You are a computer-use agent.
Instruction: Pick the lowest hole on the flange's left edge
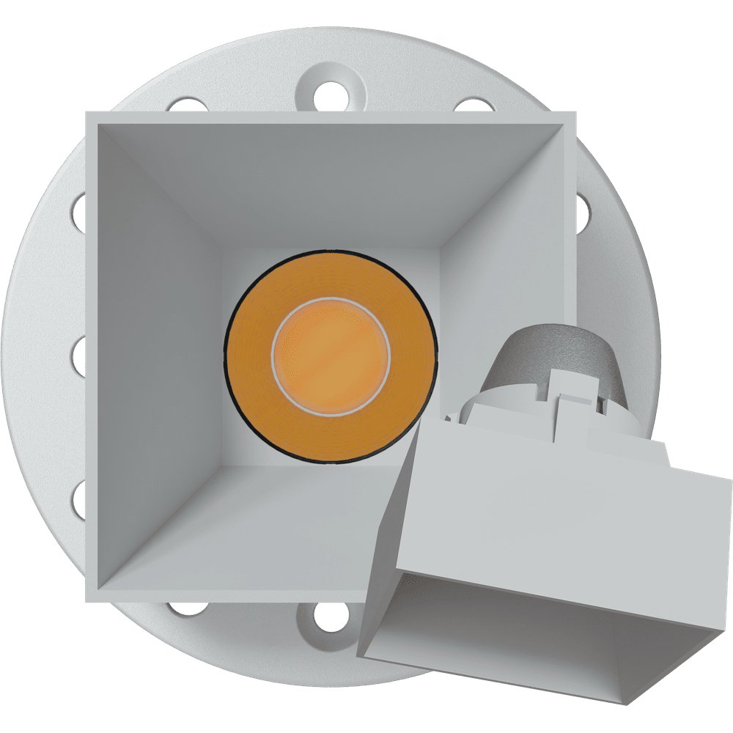click(x=78, y=502)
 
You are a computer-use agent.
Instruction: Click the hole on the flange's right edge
click(x=583, y=211)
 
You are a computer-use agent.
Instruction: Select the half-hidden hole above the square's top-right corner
click(x=474, y=105)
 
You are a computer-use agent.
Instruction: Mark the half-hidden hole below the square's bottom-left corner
click(x=187, y=608)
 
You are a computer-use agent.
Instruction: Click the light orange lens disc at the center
click(x=331, y=356)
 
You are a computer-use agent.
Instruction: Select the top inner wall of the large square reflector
click(x=330, y=183)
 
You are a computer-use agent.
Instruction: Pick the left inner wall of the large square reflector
click(x=158, y=359)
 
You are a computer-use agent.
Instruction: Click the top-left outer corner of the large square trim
click(x=88, y=114)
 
